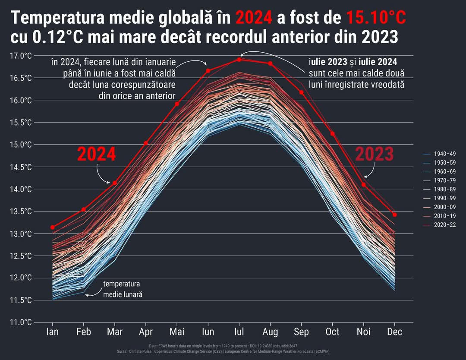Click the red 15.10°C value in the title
pyautogui.click(x=376, y=18)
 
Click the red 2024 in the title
pyautogui.click(x=254, y=18)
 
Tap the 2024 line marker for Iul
pyautogui.click(x=239, y=59)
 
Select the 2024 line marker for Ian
pyautogui.click(x=53, y=227)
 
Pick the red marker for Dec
pyautogui.click(x=394, y=215)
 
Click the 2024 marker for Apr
pyautogui.click(x=146, y=143)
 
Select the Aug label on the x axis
pyautogui.click(x=270, y=332)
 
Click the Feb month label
pyautogui.click(x=84, y=332)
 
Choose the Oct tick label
pyautogui.click(x=332, y=332)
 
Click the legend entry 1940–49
pyautogui.click(x=444, y=154)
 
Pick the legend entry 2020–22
pyautogui.click(x=444, y=224)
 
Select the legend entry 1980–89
pyautogui.click(x=444, y=189)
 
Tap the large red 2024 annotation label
pyautogui.click(x=96, y=155)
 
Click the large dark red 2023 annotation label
pyautogui.click(x=374, y=155)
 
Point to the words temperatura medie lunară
pyautogui.click(x=122, y=289)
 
